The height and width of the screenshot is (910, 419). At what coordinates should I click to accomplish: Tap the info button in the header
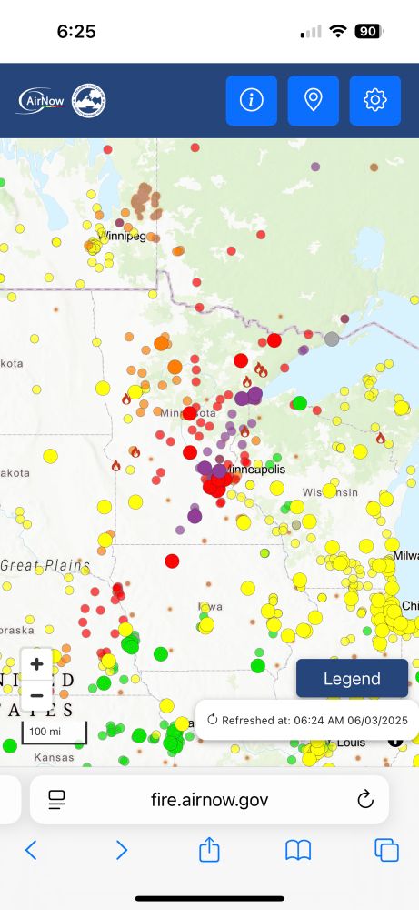251,100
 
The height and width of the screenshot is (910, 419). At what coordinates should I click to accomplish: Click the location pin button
313,100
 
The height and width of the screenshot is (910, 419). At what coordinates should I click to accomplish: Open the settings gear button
374,100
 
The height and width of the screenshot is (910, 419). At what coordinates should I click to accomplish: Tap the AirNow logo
41,100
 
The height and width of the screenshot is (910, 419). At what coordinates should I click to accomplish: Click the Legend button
352,679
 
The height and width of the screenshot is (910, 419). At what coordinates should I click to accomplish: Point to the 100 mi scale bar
54,732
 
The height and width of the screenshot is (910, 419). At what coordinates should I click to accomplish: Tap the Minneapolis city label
255,470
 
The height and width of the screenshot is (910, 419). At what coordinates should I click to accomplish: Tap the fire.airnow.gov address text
209,800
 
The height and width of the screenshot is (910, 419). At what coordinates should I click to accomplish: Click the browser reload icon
365,800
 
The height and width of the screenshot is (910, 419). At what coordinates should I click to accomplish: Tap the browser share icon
209,850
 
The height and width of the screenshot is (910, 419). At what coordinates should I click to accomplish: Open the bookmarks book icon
298,850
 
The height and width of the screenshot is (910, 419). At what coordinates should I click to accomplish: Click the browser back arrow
31,850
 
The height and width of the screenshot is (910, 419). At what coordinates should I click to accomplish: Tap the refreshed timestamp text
314,720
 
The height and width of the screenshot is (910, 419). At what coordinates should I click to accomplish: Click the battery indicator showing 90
367,31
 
